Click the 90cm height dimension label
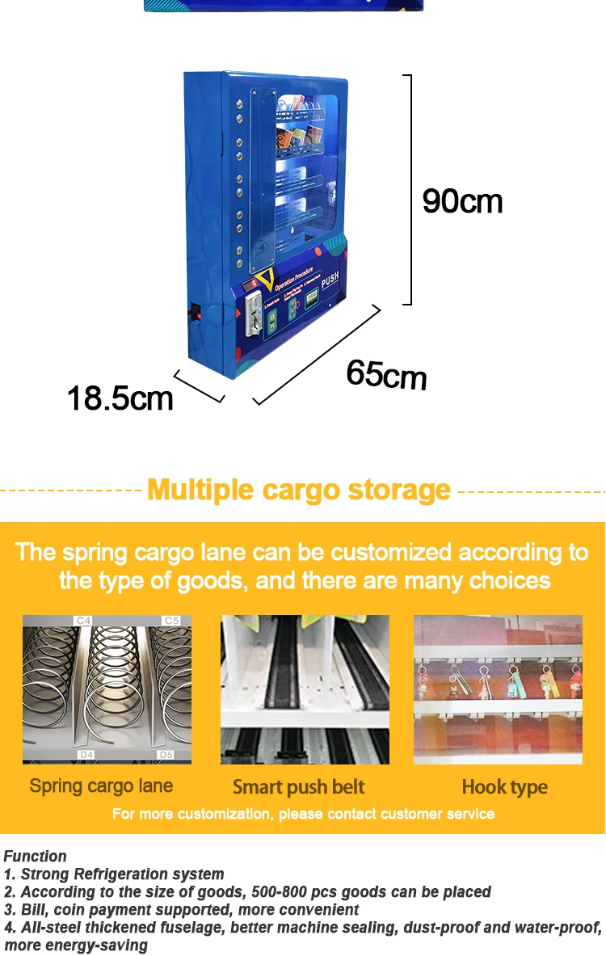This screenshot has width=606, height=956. coord(462,201)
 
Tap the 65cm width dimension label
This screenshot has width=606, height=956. coord(386,373)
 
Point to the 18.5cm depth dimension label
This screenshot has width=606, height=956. coord(120,398)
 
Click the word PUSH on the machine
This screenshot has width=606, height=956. coord(330,282)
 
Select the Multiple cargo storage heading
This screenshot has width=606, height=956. coord(299,490)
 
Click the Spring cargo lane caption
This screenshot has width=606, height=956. coord(101,785)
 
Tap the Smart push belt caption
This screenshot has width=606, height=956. coord(299,786)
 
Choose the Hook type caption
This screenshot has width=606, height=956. coord(504,786)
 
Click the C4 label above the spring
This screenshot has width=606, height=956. coord(83,621)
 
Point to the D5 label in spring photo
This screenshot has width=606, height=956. coord(166,755)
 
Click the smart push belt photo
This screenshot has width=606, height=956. coord(305,689)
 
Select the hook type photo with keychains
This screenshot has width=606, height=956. coord(498,689)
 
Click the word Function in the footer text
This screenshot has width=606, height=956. coord(36,856)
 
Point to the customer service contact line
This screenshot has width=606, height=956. coord(303,813)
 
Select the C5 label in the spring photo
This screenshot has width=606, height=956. coord(170,621)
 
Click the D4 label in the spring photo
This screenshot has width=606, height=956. coord(86,755)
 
